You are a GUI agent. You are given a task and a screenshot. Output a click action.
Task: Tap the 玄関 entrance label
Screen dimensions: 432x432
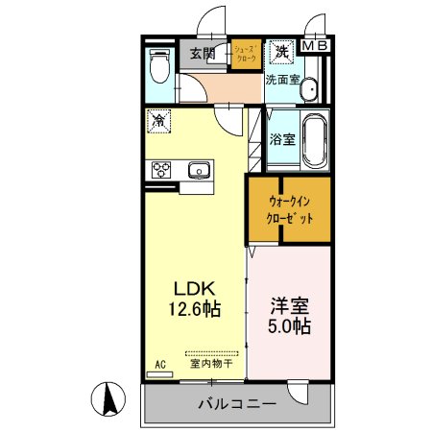(202, 54)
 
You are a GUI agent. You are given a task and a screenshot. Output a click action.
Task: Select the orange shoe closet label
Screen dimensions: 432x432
(245, 57)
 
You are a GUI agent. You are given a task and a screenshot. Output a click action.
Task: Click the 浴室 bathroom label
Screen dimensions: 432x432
(282, 139)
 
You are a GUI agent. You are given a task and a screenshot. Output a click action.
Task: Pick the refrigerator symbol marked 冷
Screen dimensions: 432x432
(159, 123)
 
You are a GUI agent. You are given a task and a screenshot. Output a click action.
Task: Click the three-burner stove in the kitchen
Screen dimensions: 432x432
(160, 170)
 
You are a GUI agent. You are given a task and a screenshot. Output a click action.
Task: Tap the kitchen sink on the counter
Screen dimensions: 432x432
(200, 170)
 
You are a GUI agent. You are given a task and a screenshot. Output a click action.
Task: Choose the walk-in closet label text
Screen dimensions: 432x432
(291, 210)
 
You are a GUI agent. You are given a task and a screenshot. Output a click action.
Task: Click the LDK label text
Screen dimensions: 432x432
(193, 289)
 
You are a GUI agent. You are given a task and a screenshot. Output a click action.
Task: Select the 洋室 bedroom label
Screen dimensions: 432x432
(289, 307)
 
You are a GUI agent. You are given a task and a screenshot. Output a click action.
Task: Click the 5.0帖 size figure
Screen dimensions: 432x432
(288, 328)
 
